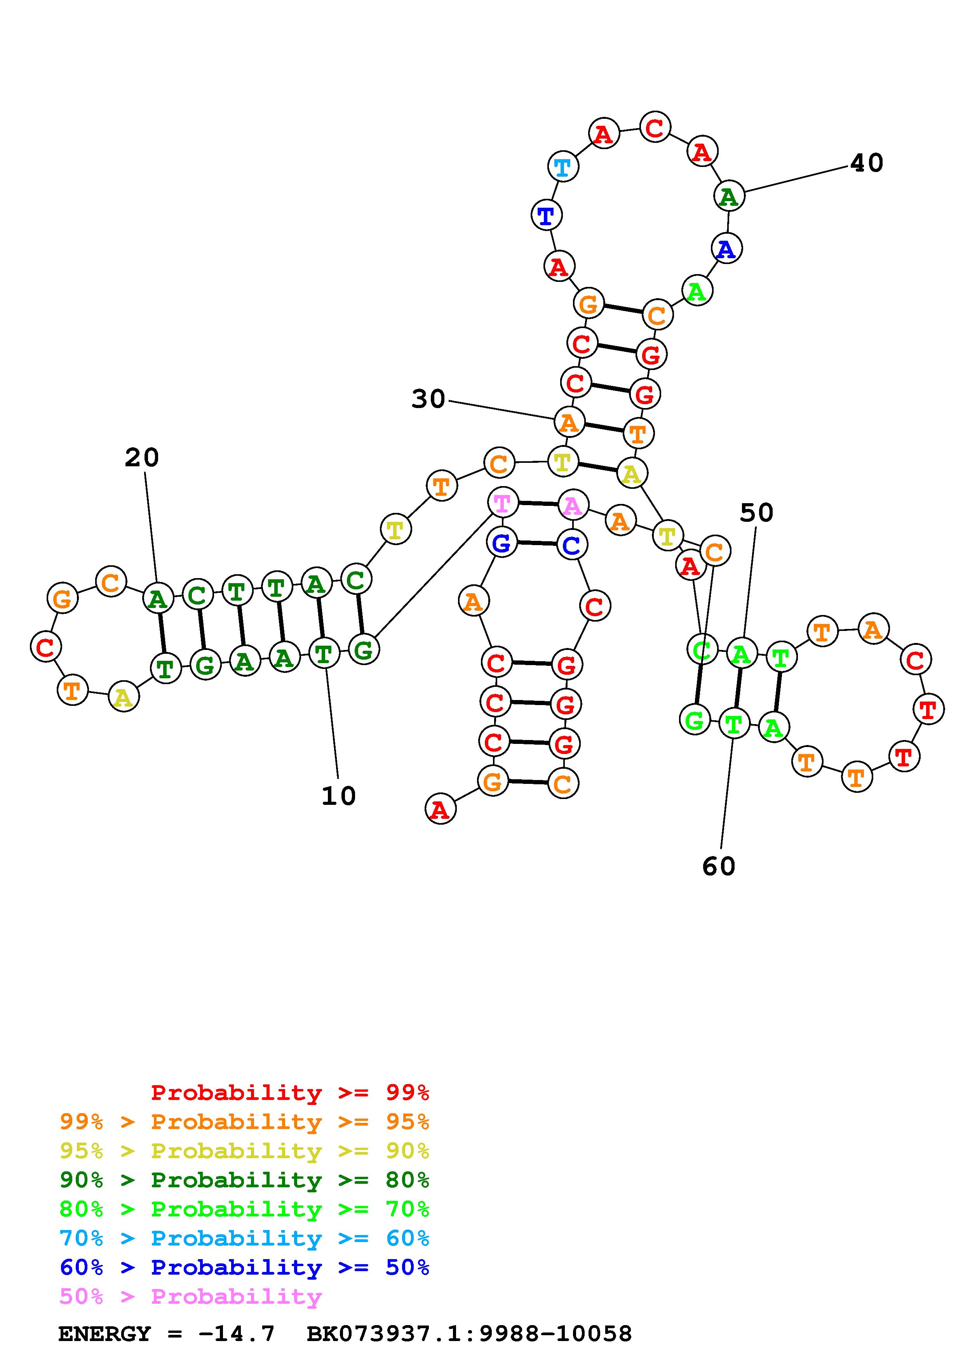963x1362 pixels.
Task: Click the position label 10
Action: tap(338, 796)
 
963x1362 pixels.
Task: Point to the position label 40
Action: tap(866, 163)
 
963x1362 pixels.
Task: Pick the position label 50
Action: tap(756, 512)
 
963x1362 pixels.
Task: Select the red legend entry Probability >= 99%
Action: tap(290, 1092)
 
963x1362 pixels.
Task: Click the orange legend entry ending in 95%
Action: tap(244, 1122)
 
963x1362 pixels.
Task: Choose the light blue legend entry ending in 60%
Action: tap(244, 1238)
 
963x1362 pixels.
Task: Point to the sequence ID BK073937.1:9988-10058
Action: tap(469, 1334)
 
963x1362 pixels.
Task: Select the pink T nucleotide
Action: tap(502, 503)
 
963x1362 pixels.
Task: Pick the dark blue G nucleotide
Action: tap(502, 542)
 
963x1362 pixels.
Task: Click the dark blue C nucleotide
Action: tap(571, 545)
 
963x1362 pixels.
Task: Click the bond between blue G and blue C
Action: tap(536, 544)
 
